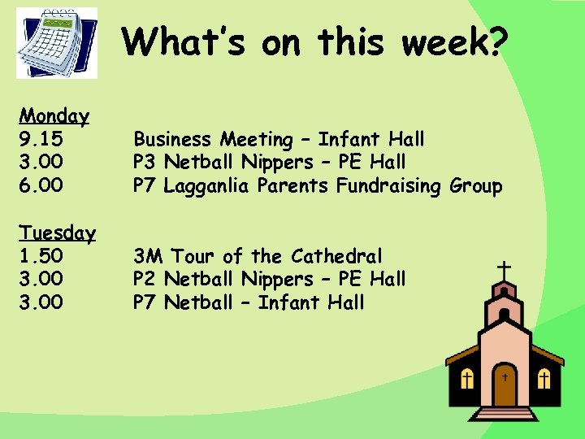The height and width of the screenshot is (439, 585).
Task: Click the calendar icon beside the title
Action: pos(57,42)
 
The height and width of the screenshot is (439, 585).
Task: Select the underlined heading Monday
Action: pos(54,116)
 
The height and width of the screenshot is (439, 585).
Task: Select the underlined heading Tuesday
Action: pos(58,233)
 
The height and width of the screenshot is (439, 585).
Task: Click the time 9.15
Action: pos(41,140)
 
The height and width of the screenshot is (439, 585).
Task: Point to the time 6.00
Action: pos(41,186)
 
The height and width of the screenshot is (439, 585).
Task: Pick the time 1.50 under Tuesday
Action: pos(41,256)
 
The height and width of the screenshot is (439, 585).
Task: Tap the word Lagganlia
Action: pos(208,186)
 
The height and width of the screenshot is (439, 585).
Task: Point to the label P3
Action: pos(145,163)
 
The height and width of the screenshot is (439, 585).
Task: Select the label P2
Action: pos(145,280)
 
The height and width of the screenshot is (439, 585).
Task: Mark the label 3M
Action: pos(149,257)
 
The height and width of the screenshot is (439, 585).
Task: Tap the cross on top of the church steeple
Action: pos(505,271)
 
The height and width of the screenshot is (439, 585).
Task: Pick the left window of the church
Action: pos(467,379)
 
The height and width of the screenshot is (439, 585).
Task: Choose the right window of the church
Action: pos(544,379)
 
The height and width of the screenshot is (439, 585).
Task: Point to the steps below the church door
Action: pos(505,413)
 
